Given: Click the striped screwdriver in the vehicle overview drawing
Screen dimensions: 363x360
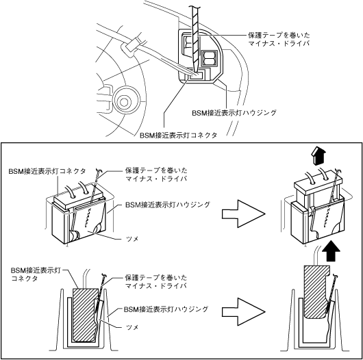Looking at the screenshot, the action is click(195, 38).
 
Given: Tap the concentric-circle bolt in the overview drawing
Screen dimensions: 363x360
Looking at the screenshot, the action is click(124, 101).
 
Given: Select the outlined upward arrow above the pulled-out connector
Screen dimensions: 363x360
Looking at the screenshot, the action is click(318, 157).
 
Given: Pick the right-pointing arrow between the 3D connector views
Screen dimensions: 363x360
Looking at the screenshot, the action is click(244, 214).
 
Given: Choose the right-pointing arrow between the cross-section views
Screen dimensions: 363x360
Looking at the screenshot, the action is click(244, 311).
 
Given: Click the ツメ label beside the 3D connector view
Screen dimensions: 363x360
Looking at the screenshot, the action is click(132, 239).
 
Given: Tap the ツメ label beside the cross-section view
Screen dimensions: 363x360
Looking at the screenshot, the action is click(132, 327).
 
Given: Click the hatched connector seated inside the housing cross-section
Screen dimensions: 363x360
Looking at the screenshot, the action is click(85, 315).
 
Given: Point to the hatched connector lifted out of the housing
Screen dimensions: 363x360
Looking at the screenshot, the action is click(315, 292).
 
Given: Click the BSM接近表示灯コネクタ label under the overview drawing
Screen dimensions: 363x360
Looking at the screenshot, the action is click(178, 136).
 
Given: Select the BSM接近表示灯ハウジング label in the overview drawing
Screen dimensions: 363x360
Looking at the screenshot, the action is click(234, 113).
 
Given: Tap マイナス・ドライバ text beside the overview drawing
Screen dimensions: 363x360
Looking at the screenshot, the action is click(279, 43).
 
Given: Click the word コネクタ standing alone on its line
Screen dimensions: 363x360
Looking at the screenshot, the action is click(24, 279).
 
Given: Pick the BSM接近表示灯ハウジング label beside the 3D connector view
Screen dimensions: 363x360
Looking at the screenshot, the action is click(168, 205).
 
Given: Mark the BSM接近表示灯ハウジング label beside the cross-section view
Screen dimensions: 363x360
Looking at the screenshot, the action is click(166, 309).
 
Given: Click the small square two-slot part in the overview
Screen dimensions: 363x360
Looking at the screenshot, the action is click(210, 58).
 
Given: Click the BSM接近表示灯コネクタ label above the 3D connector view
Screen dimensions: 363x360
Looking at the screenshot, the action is click(47, 171).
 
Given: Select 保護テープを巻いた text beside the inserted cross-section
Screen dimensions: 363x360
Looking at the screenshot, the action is click(156, 277).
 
